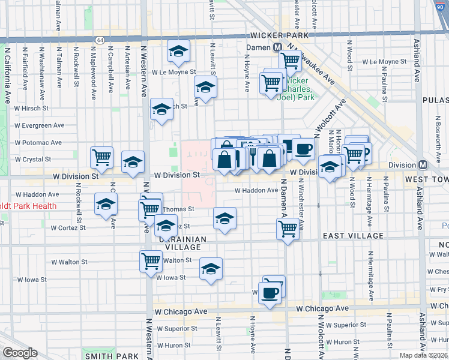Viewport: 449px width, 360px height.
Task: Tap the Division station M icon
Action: (423, 165)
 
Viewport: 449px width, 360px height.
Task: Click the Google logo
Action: (20, 353)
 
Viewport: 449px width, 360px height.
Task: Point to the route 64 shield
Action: (99, 40)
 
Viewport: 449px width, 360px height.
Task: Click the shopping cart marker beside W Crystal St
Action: (101, 157)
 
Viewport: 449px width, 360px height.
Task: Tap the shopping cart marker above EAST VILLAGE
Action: (288, 228)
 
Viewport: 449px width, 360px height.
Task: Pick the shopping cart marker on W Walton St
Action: (150, 260)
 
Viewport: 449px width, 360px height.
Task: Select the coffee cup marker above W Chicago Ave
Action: (270, 293)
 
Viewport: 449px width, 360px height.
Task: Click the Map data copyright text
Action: (423, 355)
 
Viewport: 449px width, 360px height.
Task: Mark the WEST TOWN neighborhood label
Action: (426, 179)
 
